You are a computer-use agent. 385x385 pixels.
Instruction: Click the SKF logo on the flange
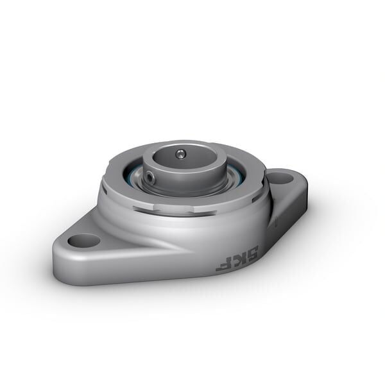[237, 257]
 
